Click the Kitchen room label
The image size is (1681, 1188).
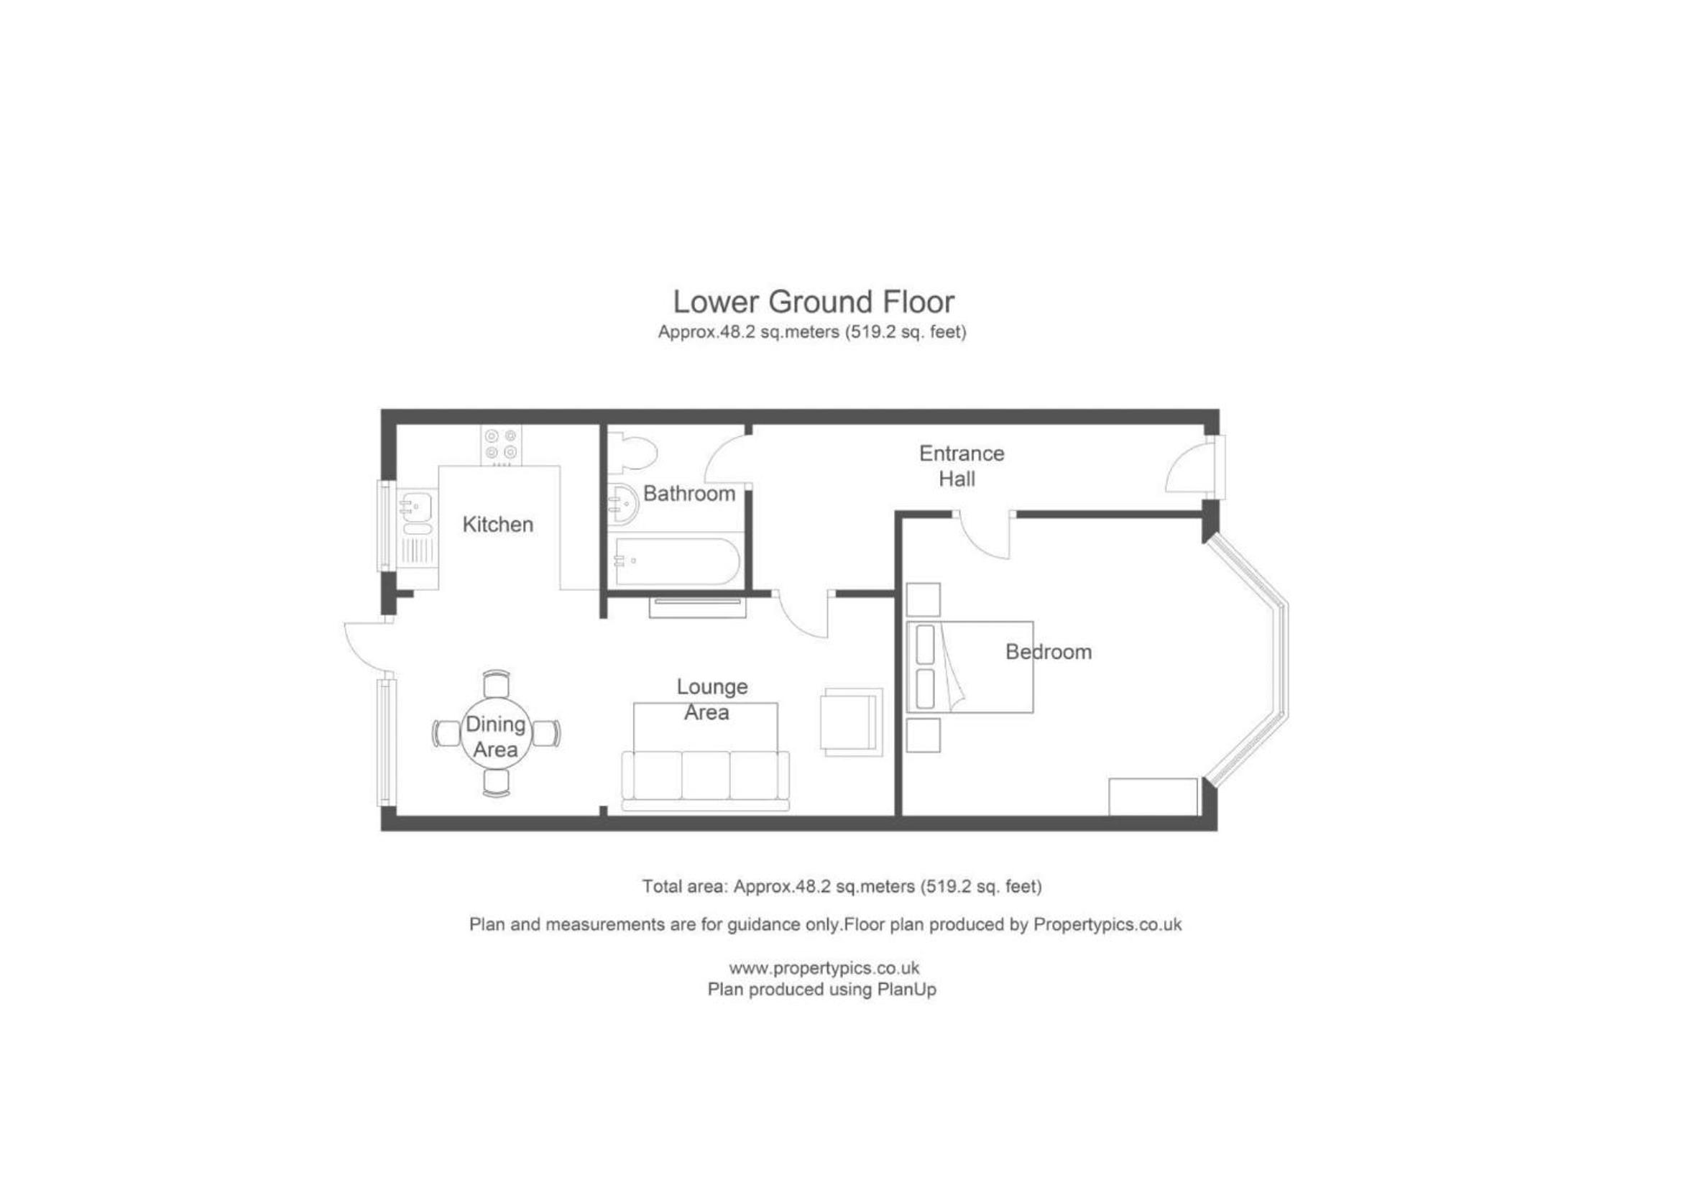(x=498, y=524)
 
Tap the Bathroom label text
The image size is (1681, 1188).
(x=689, y=493)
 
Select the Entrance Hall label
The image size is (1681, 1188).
(x=961, y=466)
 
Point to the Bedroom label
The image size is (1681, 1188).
(x=1049, y=651)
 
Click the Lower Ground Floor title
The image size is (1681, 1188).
(x=814, y=302)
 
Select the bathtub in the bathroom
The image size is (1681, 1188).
(x=678, y=561)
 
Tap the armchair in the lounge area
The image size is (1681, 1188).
(x=851, y=722)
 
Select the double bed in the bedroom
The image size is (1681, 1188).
(x=970, y=667)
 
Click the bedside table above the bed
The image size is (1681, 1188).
(x=923, y=599)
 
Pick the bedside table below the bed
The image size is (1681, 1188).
(x=923, y=735)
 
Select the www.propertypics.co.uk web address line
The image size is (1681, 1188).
(x=824, y=967)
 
